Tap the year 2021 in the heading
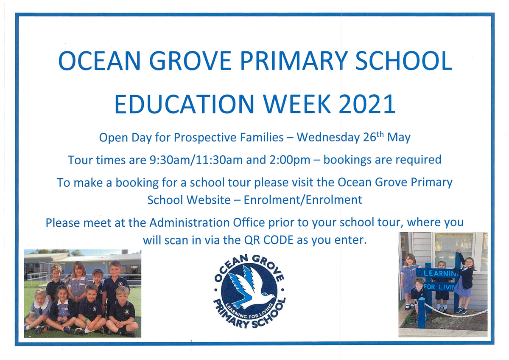(x=367, y=104)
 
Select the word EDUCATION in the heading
(x=184, y=104)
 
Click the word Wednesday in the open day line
(x=328, y=138)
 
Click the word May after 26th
(x=399, y=138)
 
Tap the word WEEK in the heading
(x=297, y=104)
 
